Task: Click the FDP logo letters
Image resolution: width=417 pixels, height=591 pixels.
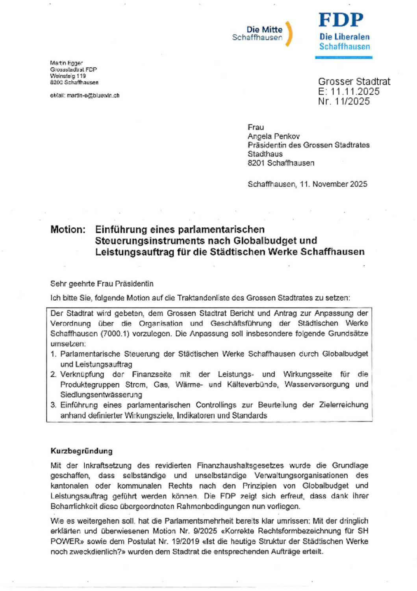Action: point(341,20)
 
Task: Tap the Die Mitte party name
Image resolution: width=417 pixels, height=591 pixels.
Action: point(264,30)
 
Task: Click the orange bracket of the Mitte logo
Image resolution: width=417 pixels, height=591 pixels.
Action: point(290,34)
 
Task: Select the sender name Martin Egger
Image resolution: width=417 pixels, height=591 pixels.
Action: point(66,63)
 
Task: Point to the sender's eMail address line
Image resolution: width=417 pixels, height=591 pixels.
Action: point(85,95)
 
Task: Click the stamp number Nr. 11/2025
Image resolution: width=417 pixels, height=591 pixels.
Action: point(344,101)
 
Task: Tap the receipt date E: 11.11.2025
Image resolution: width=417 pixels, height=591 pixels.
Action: point(348,91)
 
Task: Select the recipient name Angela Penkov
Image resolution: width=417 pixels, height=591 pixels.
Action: point(274,136)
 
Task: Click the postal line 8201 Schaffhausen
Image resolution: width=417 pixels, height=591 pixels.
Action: point(281,163)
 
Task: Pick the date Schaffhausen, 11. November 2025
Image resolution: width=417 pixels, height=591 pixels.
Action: point(307,184)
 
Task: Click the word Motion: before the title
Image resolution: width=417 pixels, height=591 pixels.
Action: point(68,230)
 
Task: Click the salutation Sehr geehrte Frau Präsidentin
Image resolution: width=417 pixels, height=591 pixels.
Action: point(102,284)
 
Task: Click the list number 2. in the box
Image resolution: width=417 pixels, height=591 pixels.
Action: point(54,374)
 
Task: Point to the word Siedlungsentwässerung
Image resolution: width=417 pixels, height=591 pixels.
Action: point(101,395)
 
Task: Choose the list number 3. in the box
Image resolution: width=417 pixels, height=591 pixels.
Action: point(54,405)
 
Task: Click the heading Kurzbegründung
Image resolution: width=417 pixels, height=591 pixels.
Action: point(82,451)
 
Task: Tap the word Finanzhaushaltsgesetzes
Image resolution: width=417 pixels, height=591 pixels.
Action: point(240,466)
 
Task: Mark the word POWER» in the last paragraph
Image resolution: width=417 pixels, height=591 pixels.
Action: point(67,541)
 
